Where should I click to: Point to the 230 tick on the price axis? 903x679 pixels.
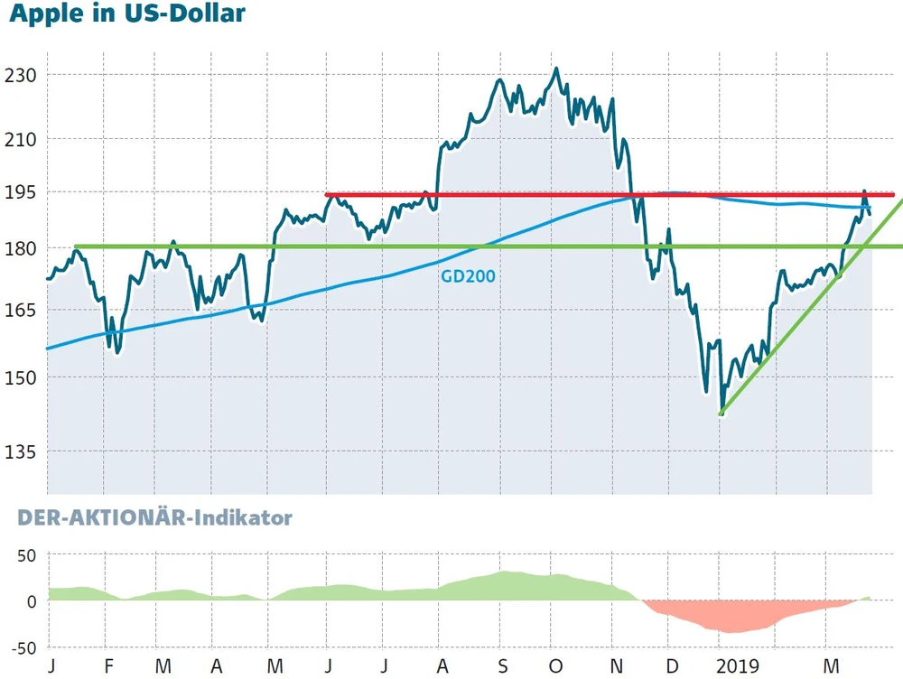(x=20, y=75)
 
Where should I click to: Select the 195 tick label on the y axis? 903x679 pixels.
(x=20, y=191)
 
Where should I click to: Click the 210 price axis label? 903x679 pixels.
(x=20, y=139)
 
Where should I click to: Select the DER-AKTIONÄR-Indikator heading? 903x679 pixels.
(x=150, y=518)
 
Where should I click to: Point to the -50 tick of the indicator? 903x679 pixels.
(x=23, y=647)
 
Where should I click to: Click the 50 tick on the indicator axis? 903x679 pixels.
(x=27, y=554)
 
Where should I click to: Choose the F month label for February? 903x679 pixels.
(x=109, y=667)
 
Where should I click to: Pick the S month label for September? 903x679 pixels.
(x=503, y=667)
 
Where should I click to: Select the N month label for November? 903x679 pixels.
(x=616, y=667)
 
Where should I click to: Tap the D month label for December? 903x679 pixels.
(x=671, y=667)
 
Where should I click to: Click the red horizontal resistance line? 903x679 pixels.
(x=542, y=194)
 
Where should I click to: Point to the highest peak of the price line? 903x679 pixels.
(x=555, y=69)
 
